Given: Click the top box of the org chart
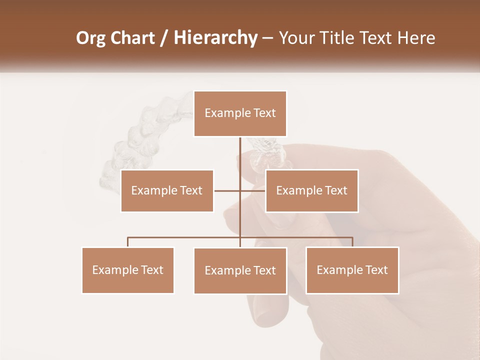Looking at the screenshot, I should [x=240, y=113].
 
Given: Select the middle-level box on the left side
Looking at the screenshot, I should [x=167, y=190].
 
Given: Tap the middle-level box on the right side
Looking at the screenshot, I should [x=311, y=190].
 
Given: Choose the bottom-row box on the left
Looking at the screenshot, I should [x=128, y=270].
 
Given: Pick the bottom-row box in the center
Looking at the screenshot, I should [x=240, y=270].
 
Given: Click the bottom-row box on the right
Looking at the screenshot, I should [x=352, y=270].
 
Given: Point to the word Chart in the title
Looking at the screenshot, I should [x=132, y=38].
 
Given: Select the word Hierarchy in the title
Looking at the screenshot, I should [x=215, y=38].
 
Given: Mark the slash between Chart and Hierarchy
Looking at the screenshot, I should [x=164, y=38].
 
